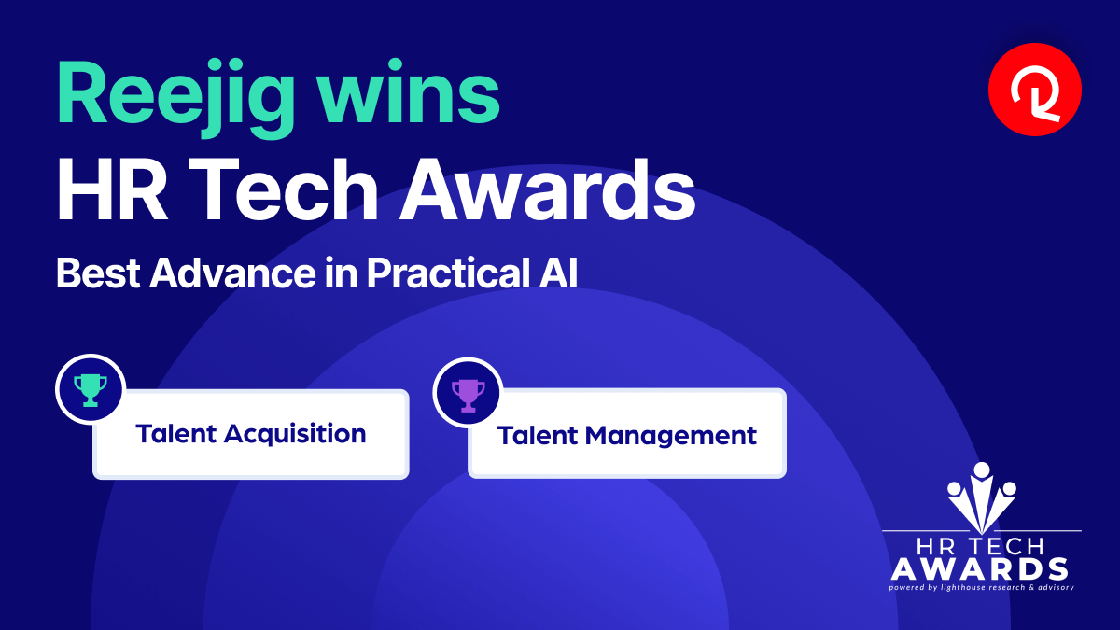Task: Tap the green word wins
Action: coord(410,92)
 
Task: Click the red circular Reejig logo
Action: coord(1035,90)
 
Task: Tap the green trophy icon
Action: coord(91,389)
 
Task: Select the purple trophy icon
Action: coord(468,395)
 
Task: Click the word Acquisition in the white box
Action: coord(295,434)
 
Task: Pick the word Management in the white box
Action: coord(670,436)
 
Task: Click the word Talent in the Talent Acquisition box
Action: coord(175,433)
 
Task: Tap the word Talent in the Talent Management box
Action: coord(538,435)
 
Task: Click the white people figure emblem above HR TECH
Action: coord(982,497)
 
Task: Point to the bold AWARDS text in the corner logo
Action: coord(979,569)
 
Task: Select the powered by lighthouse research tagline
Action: coord(981,587)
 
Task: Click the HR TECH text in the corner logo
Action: coord(980,547)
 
